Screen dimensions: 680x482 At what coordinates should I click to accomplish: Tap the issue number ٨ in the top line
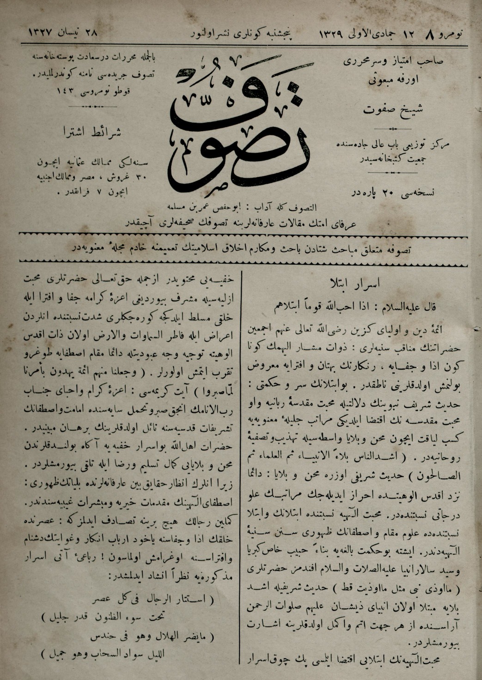(431, 33)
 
